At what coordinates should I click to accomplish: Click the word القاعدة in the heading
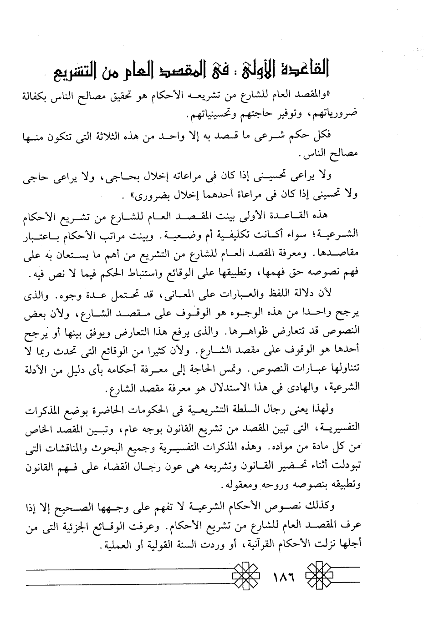point(302,70)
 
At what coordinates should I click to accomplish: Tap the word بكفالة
point(39,96)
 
